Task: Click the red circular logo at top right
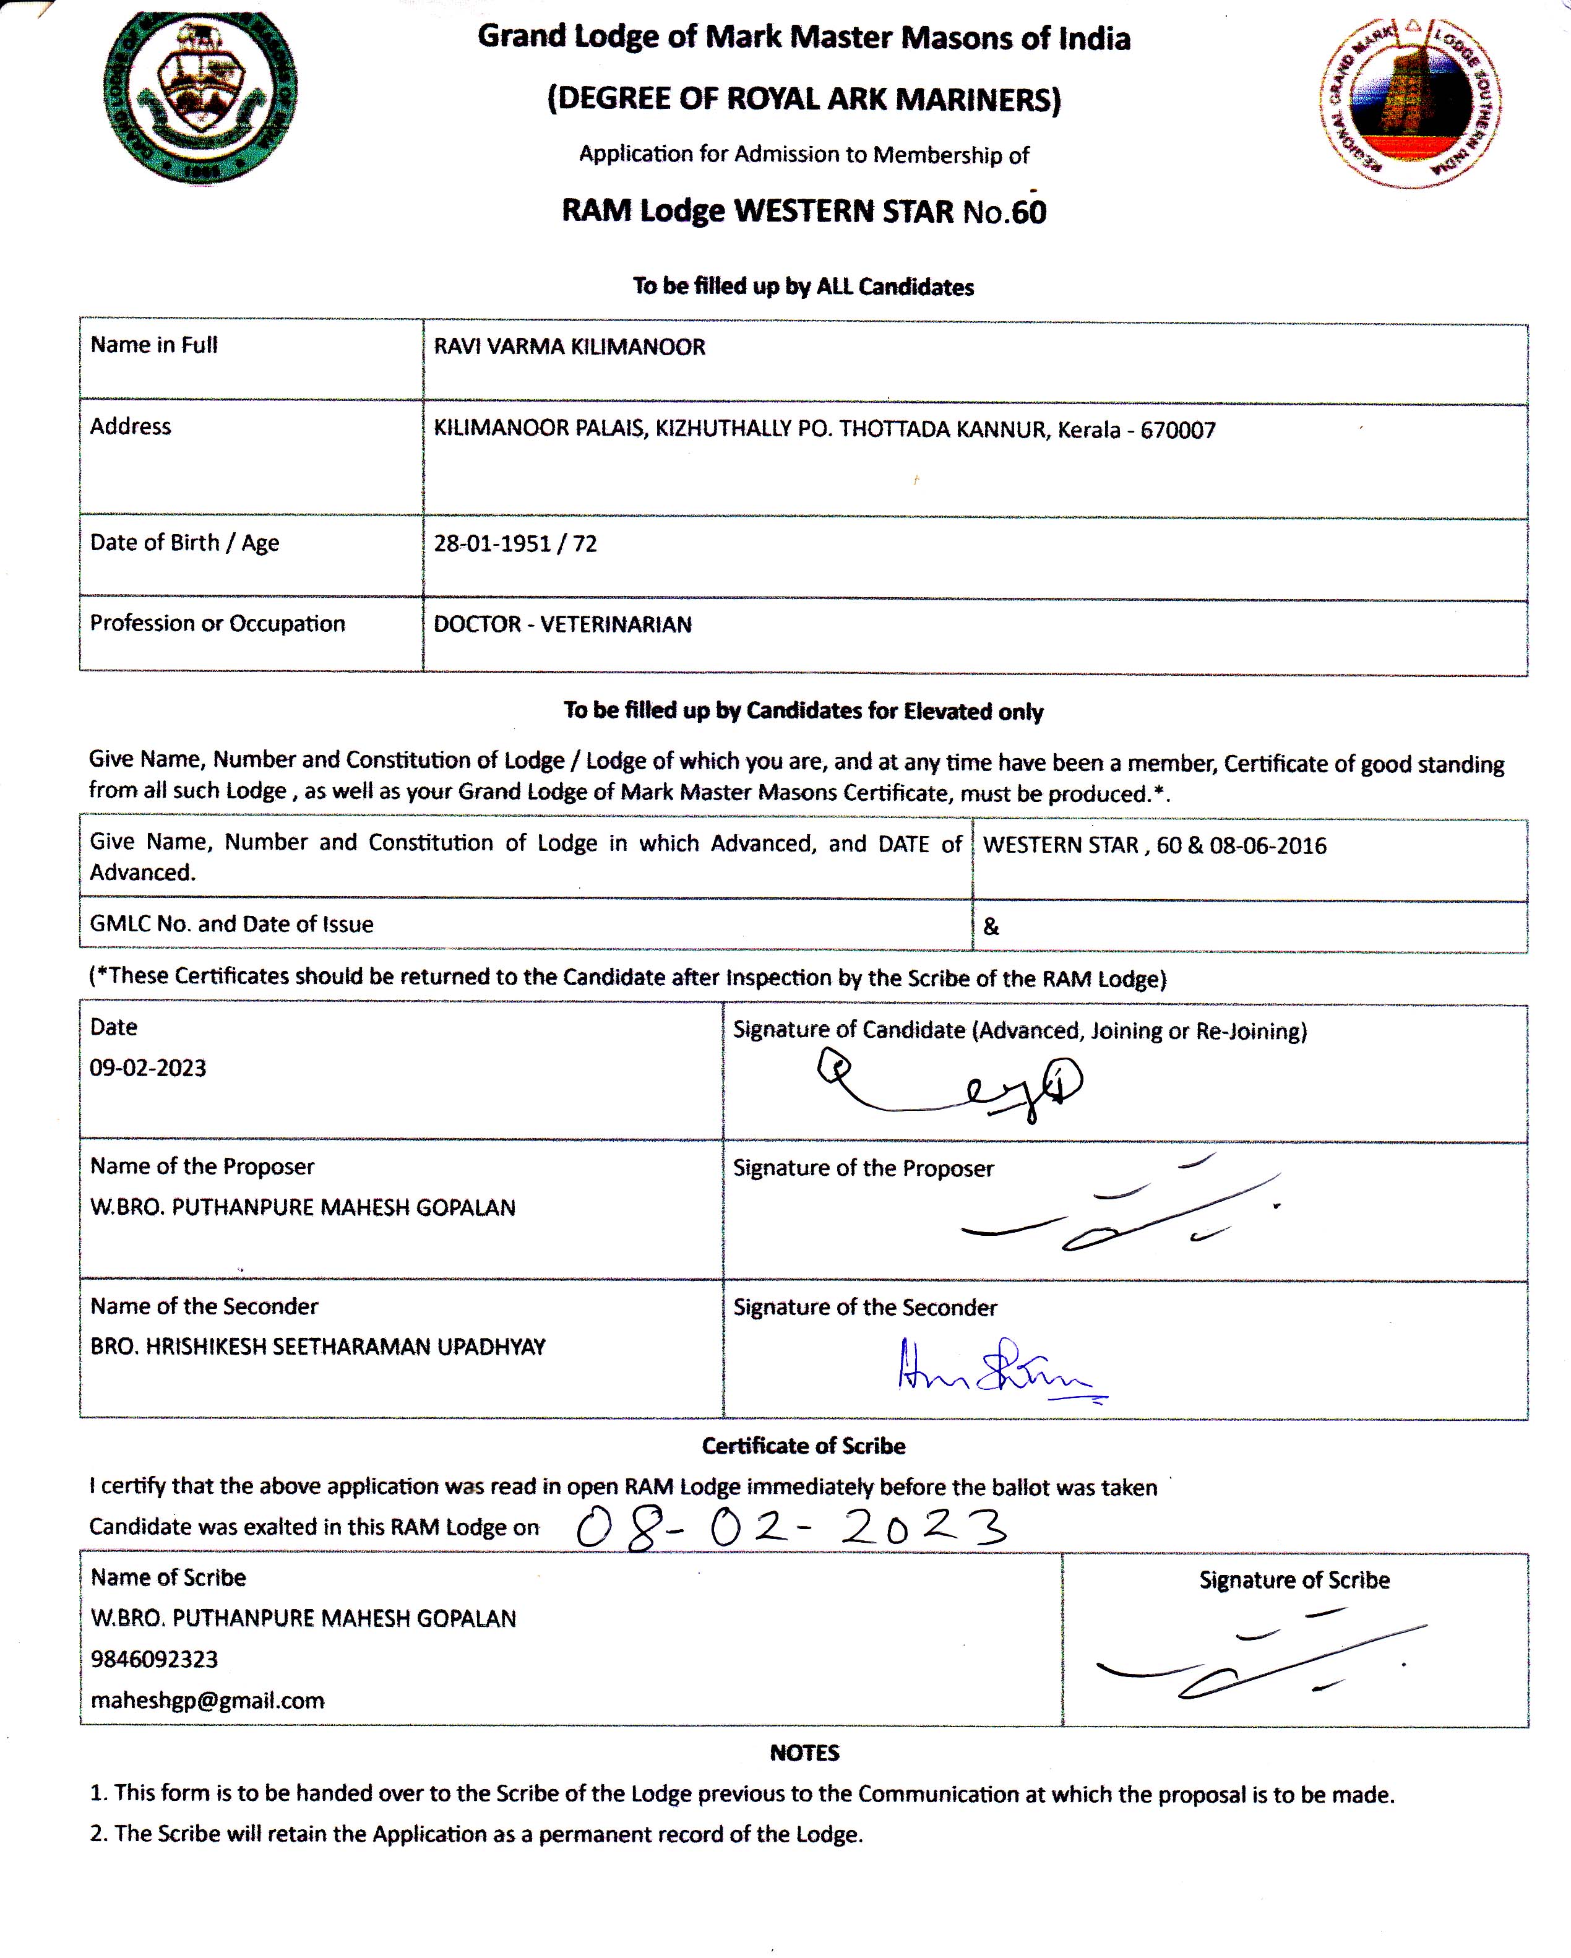point(1410,101)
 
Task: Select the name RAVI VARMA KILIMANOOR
point(569,347)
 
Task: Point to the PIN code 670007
point(1178,431)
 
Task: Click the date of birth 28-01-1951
point(492,544)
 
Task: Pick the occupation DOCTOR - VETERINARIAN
point(562,625)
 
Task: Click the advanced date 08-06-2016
point(1268,845)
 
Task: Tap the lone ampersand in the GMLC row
point(991,926)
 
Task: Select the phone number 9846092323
point(154,1659)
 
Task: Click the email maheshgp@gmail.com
point(207,1700)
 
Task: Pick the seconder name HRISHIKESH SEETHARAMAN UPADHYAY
point(318,1347)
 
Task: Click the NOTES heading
point(804,1753)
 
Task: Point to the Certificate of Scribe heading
point(804,1446)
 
